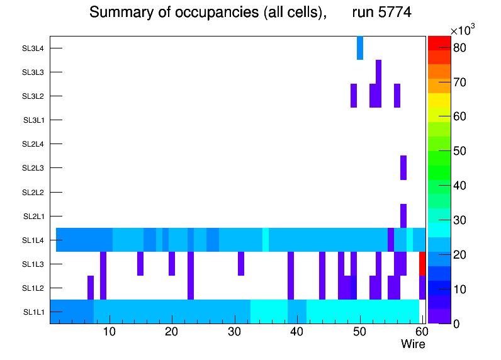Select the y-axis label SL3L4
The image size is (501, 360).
click(33, 48)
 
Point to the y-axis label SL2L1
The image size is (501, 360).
click(33, 216)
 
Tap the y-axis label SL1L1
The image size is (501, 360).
click(33, 312)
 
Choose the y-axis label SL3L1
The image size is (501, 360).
click(33, 120)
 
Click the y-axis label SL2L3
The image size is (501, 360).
click(33, 168)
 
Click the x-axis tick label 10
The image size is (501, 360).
click(110, 332)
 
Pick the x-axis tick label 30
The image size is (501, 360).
click(234, 332)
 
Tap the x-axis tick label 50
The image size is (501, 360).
click(359, 332)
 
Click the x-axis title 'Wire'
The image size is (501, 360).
click(413, 344)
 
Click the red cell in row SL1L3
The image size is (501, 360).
click(422, 263)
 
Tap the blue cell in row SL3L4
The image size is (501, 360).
click(360, 48)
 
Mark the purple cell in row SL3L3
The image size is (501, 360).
click(378, 72)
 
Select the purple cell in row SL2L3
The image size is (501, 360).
click(403, 167)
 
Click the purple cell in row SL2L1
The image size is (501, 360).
click(403, 216)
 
